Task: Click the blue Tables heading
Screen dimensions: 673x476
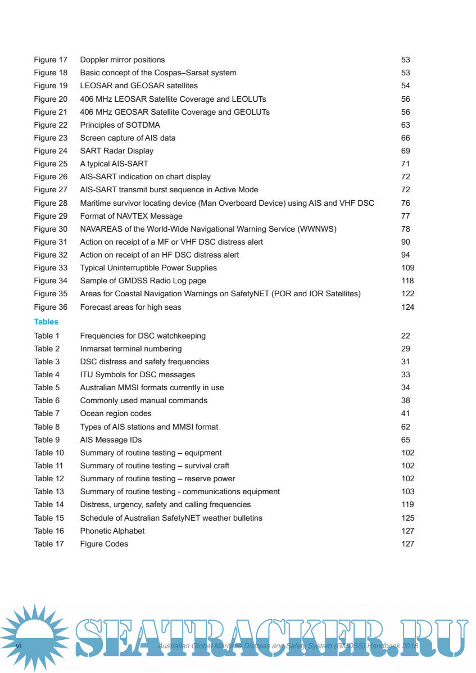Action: tap(46, 322)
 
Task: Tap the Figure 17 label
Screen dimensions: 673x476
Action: tap(51, 60)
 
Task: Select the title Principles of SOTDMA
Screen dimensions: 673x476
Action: tap(120, 125)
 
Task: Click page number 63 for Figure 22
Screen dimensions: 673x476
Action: tap(406, 125)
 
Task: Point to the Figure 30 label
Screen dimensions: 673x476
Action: tap(51, 229)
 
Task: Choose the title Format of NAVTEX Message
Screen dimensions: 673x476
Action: tap(131, 216)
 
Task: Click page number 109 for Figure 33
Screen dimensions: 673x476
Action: tap(407, 268)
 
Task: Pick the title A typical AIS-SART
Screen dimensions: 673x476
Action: tap(114, 164)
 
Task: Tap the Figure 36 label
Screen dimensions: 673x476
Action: tap(51, 307)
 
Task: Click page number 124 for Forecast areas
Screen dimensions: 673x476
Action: tap(407, 307)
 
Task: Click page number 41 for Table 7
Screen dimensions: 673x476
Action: tap(406, 414)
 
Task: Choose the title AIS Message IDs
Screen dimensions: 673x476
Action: tap(111, 440)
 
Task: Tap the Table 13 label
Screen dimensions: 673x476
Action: tap(49, 491)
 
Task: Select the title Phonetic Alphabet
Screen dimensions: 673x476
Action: tap(112, 531)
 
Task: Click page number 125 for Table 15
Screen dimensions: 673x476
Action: tap(407, 518)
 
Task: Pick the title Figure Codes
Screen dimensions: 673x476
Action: tap(104, 544)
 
